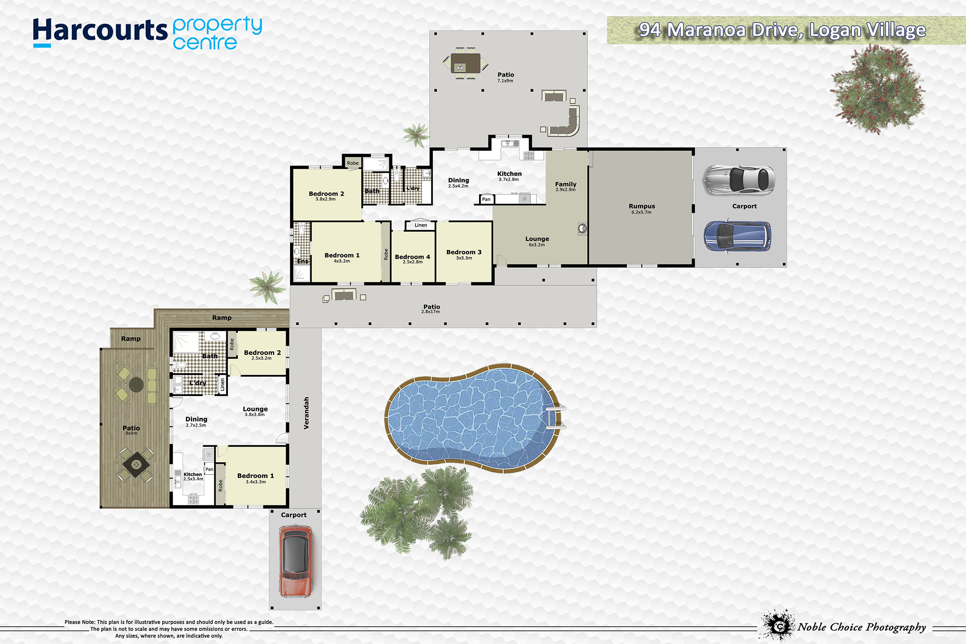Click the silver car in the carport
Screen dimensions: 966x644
click(x=739, y=180)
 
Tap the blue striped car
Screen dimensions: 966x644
click(x=737, y=236)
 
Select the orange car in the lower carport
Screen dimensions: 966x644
click(x=296, y=561)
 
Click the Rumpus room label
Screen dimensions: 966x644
click(x=642, y=206)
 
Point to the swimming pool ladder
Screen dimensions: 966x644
click(x=556, y=417)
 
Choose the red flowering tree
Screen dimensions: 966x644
click(x=877, y=89)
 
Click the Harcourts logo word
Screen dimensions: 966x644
click(x=100, y=30)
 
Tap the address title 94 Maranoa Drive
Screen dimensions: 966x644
click(x=783, y=30)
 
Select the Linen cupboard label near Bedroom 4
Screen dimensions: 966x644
click(x=420, y=225)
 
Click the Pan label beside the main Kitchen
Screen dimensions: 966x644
click(x=486, y=199)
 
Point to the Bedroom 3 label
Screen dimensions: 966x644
click(x=464, y=252)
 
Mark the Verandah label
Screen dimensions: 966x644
click(x=306, y=413)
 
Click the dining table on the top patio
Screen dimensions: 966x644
click(x=466, y=63)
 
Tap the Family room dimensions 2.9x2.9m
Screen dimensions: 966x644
click(x=566, y=190)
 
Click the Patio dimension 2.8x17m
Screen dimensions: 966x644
click(x=430, y=312)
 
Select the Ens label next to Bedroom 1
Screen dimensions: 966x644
click(x=303, y=261)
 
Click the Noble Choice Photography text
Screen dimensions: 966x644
click(x=862, y=627)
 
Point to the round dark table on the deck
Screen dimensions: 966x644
click(x=136, y=384)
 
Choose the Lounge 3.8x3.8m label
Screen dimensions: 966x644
click(x=255, y=411)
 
